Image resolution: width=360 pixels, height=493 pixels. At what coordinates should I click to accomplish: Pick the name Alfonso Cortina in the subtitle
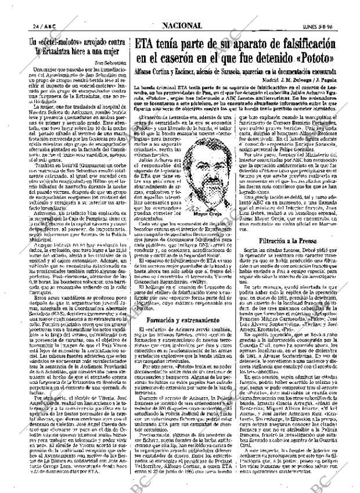[156, 70]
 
